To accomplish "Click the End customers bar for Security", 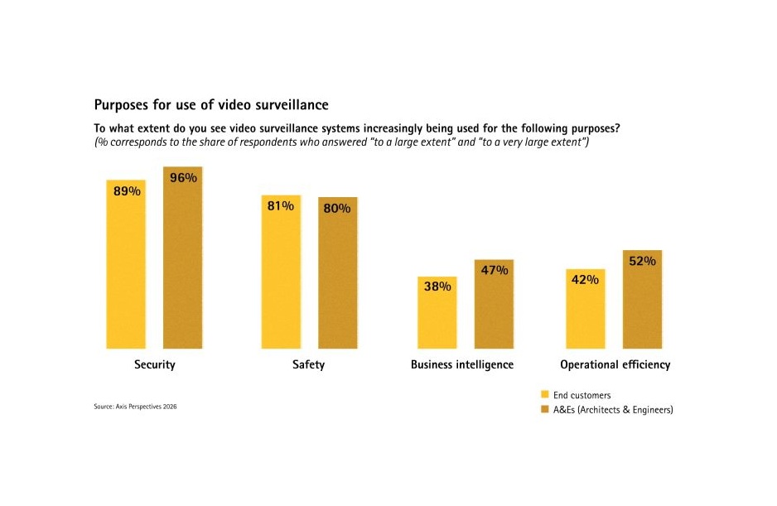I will (126, 265).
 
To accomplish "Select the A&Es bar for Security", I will (182, 258).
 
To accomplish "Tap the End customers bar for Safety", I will (281, 273).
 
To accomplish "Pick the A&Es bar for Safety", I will (338, 273).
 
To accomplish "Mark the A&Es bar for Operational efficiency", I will (642, 300).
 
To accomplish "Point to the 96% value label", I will (183, 177).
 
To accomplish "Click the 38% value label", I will (437, 287).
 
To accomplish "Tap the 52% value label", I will (642, 261).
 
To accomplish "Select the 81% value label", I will (281, 205).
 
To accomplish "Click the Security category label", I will (154, 364).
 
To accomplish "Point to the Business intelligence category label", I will (462, 364).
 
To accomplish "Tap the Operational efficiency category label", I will (615, 364).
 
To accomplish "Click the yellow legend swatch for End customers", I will (545, 394).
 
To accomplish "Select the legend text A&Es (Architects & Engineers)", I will (613, 409).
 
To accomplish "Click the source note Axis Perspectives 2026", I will (135, 407).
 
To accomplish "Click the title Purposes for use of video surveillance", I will (211, 105).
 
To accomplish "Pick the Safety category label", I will (308, 364).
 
